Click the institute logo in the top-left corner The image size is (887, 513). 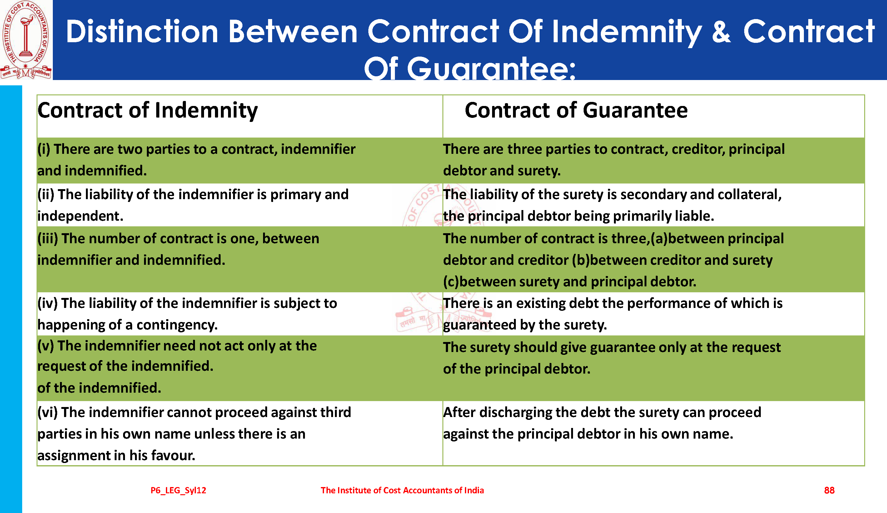click(x=26, y=40)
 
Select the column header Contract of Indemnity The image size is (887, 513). click(x=147, y=111)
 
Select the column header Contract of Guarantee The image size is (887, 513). click(x=576, y=110)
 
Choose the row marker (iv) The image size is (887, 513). click(x=47, y=304)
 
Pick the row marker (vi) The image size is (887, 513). click(x=47, y=412)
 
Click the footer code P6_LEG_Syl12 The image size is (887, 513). click(x=178, y=490)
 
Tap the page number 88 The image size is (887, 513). click(x=829, y=490)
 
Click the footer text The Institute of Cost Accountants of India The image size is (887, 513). click(x=402, y=490)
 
